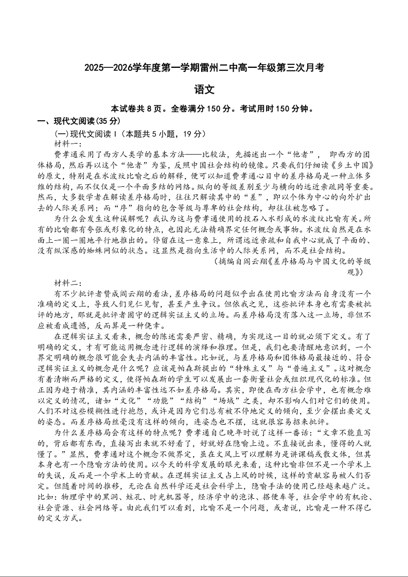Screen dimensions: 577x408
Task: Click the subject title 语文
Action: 204,89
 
